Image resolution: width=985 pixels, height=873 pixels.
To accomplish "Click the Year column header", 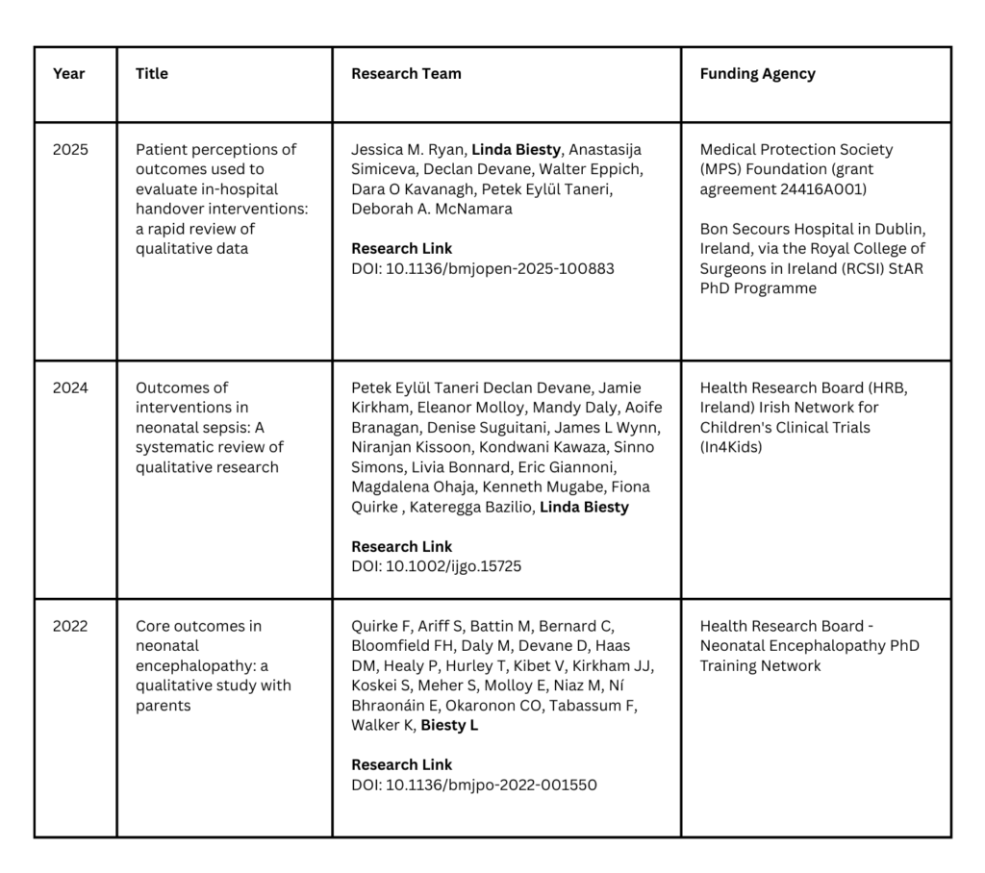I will click(69, 74).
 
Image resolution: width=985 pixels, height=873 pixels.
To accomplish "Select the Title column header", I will click(152, 74).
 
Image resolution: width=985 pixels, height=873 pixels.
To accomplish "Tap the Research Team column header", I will click(406, 74).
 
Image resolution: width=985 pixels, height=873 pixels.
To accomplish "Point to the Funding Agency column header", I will click(757, 74).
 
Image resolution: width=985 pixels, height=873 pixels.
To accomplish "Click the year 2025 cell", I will click(70, 150).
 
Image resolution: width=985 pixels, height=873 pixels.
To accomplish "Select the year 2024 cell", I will click(70, 388).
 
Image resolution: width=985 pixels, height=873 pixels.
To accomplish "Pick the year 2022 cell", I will click(70, 627).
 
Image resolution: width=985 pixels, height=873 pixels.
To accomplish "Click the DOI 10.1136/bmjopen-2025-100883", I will click(483, 269).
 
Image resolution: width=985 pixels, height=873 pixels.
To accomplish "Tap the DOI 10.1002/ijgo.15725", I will click(437, 567).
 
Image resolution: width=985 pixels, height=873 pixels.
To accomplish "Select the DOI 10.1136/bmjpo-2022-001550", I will click(473, 786).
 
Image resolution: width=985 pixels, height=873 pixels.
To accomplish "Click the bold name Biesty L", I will click(449, 726).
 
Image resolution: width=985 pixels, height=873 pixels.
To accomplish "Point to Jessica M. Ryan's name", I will click(409, 150).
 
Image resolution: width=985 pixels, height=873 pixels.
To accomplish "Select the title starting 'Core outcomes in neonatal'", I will click(213, 665).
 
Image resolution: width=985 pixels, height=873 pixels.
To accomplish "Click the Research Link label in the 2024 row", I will click(401, 547).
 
